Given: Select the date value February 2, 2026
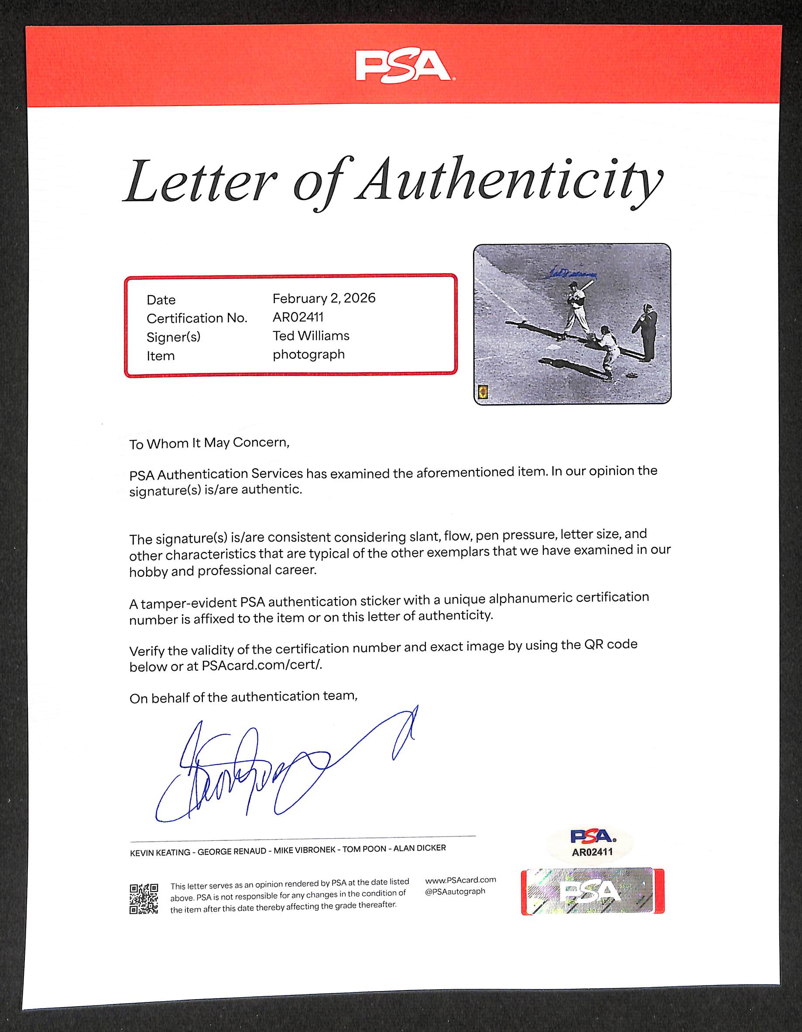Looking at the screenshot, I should point(324,298).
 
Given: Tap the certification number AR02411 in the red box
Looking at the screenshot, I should point(298,317).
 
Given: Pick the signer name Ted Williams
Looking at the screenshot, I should point(311,336).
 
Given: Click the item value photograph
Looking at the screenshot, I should point(308,354).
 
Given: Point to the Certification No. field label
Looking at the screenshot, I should point(197,318).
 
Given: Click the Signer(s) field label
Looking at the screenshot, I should point(173,337).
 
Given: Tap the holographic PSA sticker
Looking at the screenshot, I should point(592,891).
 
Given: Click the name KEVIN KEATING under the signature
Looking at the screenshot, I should point(160,852).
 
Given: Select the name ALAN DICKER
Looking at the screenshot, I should point(419,848).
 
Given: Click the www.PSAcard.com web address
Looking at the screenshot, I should point(460,880).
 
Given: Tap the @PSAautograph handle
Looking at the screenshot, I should point(455,891).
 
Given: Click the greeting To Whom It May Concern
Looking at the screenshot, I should point(209,443).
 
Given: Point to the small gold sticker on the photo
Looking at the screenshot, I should point(483,391).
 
